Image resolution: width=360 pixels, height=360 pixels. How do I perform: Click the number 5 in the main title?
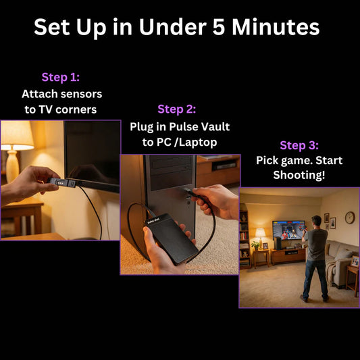(x=218, y=27)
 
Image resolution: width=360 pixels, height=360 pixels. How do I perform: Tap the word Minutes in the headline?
(x=276, y=27)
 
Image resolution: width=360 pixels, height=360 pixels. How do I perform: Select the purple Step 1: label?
(x=61, y=78)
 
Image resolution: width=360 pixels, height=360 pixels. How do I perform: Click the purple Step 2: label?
(x=177, y=109)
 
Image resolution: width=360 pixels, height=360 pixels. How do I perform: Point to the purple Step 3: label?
(x=299, y=145)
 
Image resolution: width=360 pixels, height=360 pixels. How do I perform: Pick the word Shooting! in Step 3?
(x=299, y=175)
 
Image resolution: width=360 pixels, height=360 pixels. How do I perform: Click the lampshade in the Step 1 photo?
(x=16, y=136)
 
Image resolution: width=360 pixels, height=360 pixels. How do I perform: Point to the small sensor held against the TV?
(x=62, y=183)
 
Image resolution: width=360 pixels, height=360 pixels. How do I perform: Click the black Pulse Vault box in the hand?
(x=172, y=238)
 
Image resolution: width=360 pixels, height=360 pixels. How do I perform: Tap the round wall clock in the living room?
(x=350, y=217)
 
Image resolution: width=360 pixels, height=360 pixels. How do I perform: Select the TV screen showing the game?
(x=288, y=230)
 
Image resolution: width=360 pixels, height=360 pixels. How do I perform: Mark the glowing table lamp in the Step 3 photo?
(x=260, y=238)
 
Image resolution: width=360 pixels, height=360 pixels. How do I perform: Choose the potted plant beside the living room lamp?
(x=255, y=245)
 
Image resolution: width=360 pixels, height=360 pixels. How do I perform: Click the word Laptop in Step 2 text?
(x=198, y=143)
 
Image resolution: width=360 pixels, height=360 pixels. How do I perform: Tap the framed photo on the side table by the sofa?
(x=355, y=261)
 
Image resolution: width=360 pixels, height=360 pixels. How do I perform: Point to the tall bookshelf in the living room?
(x=245, y=239)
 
